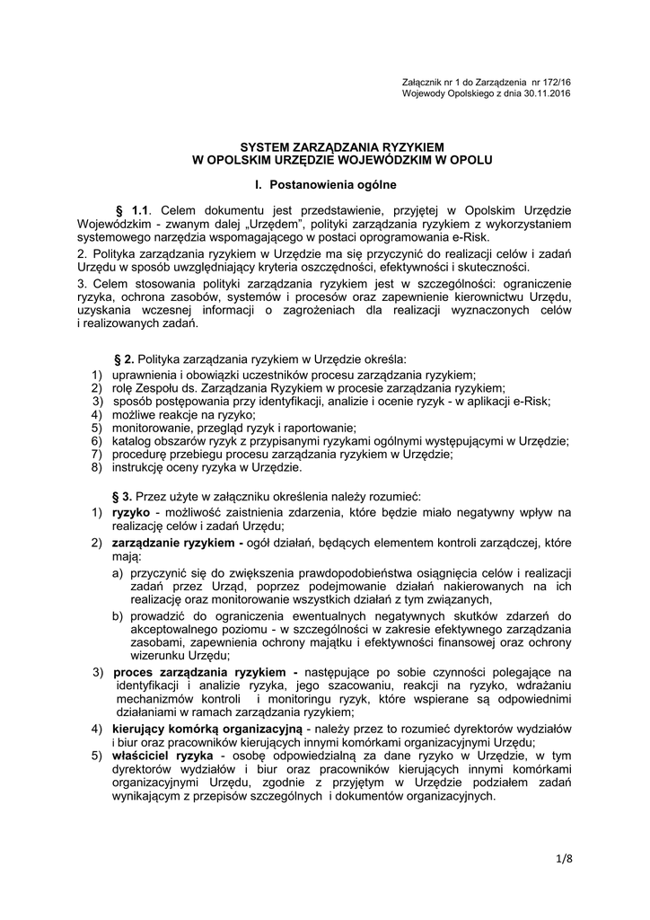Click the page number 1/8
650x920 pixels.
(564, 857)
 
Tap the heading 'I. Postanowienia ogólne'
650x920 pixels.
(326, 185)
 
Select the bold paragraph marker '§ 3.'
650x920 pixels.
(123, 496)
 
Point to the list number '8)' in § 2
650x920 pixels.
(97, 467)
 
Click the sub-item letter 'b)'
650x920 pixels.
(118, 615)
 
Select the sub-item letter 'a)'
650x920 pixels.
(118, 571)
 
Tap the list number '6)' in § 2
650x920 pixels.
(97, 441)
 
